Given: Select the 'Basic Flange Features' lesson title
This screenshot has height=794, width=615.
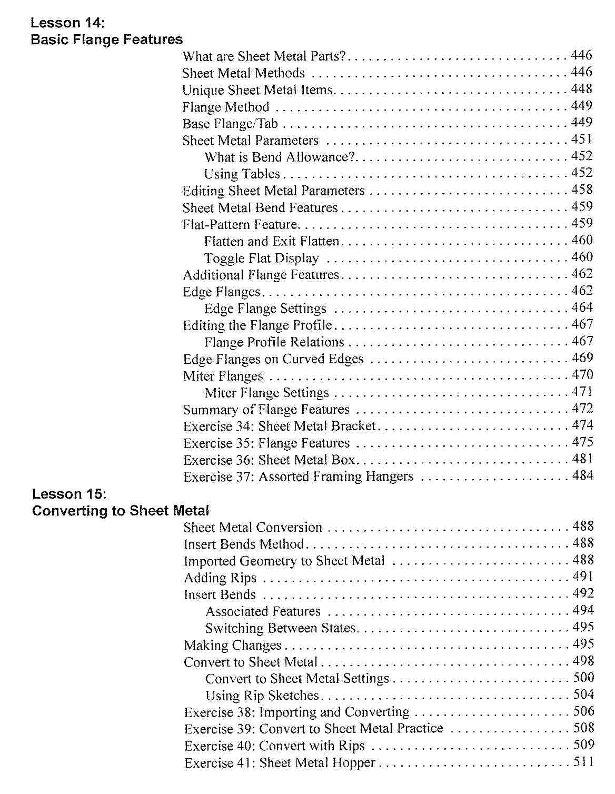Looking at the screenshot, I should tap(107, 39).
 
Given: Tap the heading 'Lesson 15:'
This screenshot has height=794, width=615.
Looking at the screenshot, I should tap(69, 494).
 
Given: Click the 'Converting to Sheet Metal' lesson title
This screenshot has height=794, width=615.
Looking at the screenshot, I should tap(121, 511).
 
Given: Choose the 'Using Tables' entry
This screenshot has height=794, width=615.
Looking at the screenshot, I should tap(242, 174).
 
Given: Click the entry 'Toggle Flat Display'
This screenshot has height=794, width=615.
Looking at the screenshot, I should tap(262, 258).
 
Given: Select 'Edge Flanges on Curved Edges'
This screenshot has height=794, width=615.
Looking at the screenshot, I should tap(273, 359).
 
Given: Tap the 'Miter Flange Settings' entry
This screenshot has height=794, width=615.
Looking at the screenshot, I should tap(267, 393).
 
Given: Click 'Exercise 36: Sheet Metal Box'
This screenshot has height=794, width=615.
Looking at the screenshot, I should tap(269, 460).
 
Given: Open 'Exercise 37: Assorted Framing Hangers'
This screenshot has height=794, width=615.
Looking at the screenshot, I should tap(299, 477).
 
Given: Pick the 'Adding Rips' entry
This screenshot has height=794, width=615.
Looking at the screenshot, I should tap(220, 578).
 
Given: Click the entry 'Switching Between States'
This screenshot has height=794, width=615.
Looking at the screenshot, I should tap(281, 628).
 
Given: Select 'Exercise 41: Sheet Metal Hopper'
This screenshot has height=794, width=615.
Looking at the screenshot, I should tap(280, 763).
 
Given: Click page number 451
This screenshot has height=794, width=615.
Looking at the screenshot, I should tap(582, 140).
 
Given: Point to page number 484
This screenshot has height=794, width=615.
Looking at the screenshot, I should tap(583, 476).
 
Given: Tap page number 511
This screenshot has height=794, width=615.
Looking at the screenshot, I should tap(584, 762).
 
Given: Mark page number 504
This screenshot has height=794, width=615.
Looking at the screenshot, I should tap(584, 694).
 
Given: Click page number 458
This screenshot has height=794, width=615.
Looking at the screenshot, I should tap(582, 190).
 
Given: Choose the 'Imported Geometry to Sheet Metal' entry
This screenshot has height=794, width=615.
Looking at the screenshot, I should tap(284, 561).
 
